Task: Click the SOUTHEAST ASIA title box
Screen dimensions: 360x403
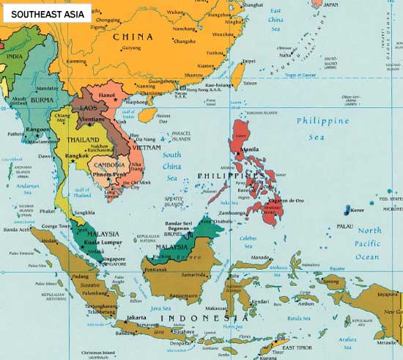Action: click(45, 13)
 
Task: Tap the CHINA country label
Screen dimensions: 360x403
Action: click(133, 36)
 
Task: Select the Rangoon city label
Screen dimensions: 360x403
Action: click(38, 130)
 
